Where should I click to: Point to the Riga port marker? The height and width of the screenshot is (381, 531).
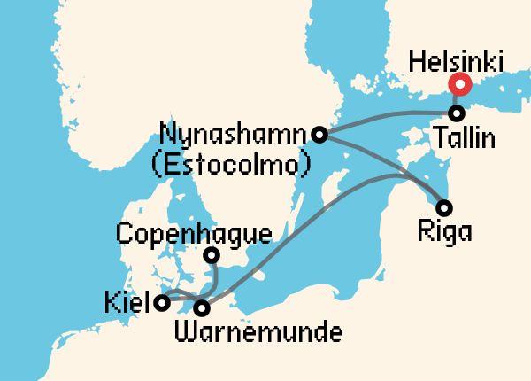coord(445,208)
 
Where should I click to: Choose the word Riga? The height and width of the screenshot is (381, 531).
coord(444,233)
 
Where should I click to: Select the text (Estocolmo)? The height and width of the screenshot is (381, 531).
coord(233,164)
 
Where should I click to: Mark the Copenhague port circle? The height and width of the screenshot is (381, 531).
coord(212,256)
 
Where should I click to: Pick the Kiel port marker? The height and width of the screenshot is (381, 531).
coord(162,303)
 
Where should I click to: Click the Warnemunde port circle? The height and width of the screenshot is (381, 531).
coord(203,308)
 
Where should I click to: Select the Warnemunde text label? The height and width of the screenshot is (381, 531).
coord(259,334)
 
